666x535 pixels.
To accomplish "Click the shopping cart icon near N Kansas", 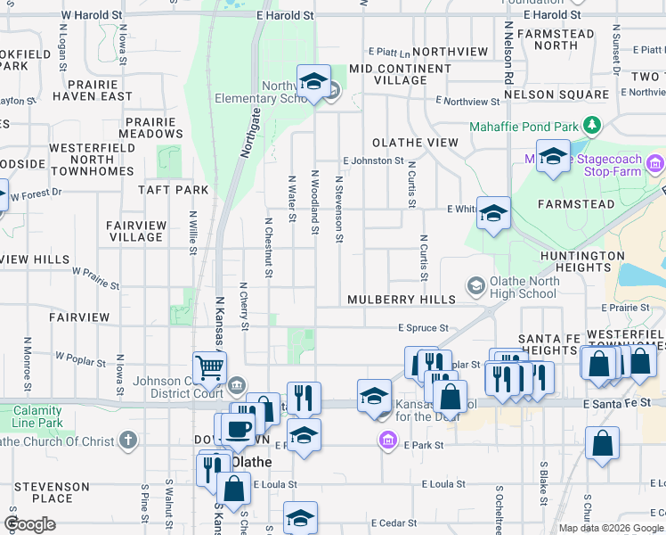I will coord(209,366).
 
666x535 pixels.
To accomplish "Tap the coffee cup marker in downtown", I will coord(238,428).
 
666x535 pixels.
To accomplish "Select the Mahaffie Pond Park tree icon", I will coord(589,125).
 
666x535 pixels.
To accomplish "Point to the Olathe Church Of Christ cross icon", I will coord(129,440).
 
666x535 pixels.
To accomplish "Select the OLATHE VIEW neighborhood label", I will coord(415,143).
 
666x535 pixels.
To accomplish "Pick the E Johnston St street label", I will coord(374,160).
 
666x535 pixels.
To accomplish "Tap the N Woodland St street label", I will coord(314,203).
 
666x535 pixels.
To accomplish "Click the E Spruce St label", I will coord(423,328).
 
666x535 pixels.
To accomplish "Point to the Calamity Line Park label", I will coord(37,416).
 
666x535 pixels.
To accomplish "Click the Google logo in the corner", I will coord(29,524).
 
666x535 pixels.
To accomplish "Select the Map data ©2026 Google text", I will coord(611,528).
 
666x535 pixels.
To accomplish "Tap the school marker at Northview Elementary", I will coord(313,81).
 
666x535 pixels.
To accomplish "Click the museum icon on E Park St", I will coord(387,440).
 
